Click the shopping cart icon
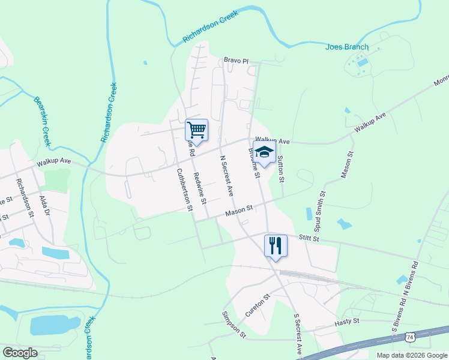coord(196,130)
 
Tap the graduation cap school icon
coord(264,153)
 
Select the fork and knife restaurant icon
coord(276,245)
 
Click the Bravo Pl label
coord(236,61)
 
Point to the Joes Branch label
coord(347,47)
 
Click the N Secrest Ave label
coord(226,176)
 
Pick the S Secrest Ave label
coord(297,334)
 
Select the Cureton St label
coord(258,305)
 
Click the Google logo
coord(20,353)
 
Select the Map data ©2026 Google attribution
coord(411,355)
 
